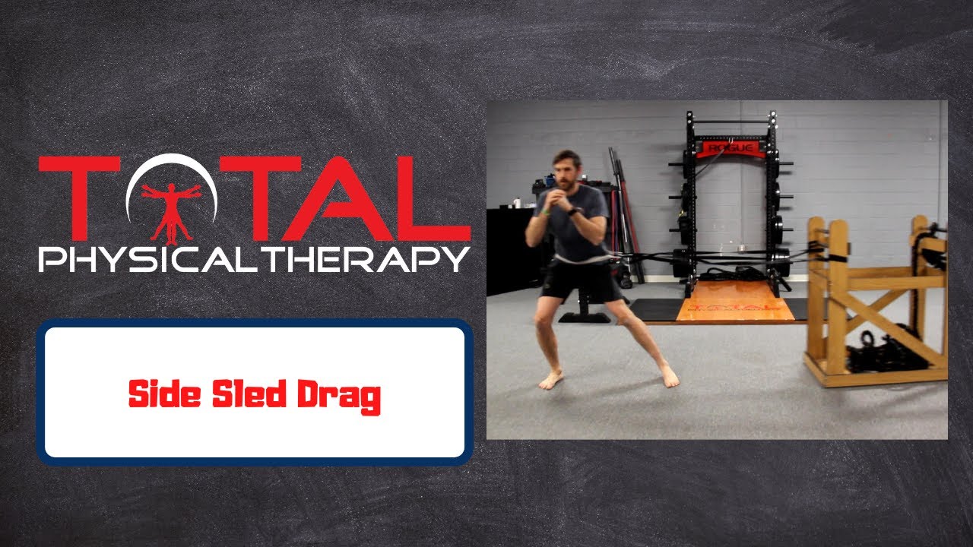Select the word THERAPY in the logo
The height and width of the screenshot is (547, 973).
[376, 259]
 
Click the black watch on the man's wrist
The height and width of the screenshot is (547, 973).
[574, 210]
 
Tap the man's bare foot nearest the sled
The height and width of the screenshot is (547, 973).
[669, 376]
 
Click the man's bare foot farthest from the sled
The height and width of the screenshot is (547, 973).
[550, 380]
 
